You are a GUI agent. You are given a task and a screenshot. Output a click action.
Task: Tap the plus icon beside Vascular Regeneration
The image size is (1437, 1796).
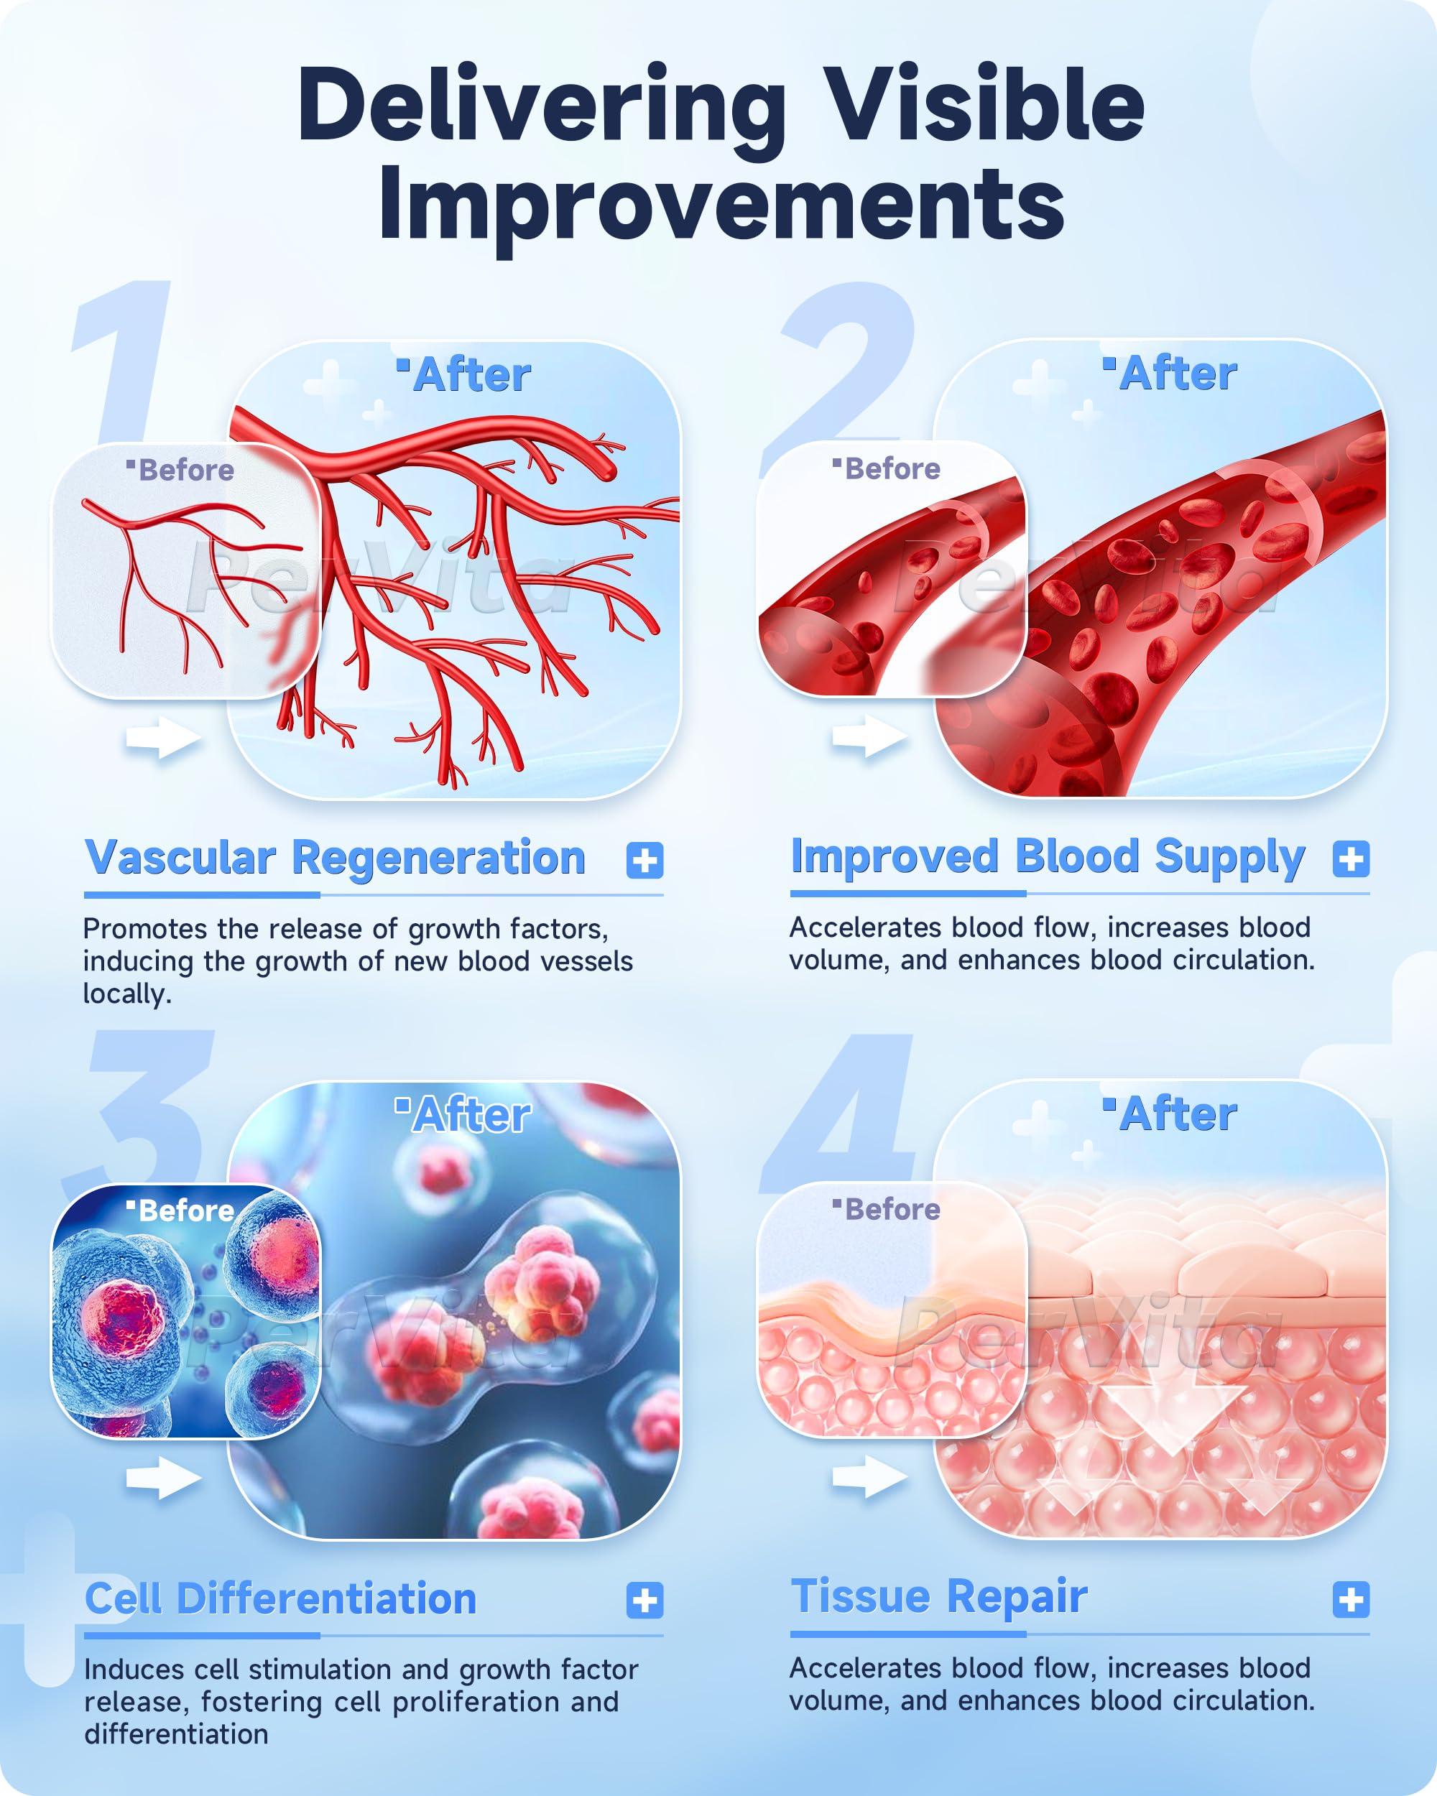[644, 860]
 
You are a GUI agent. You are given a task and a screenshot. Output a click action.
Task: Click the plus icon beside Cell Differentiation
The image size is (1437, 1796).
[644, 1601]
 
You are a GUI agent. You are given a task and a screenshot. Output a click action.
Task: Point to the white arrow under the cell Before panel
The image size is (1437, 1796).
[163, 1478]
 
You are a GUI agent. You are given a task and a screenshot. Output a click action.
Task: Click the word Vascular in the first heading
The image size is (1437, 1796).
[180, 858]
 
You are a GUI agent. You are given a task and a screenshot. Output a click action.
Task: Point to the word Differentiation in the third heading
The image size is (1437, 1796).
[326, 1599]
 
